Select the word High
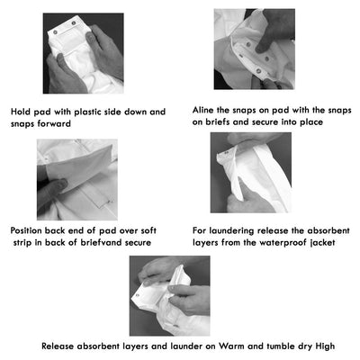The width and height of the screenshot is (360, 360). pos(332,346)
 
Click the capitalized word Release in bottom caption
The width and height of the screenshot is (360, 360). pos(60,346)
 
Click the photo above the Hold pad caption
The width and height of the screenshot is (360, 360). pos(85,53)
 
